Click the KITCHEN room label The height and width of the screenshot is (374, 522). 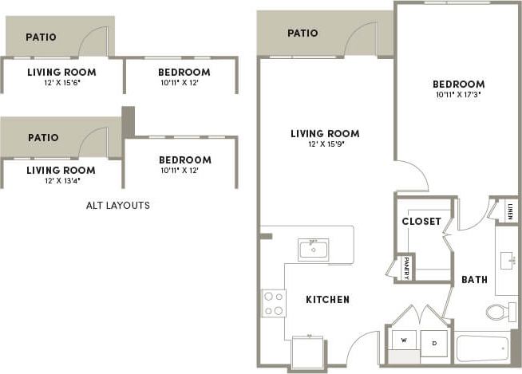point(327,300)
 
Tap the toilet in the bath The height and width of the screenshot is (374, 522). point(497,311)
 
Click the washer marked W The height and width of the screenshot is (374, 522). point(404,341)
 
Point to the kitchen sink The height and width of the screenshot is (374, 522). point(313,250)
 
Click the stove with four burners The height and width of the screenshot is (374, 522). point(274,303)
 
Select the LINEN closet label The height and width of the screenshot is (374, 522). point(510,211)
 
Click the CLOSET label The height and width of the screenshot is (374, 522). point(421,221)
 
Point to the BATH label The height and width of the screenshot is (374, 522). point(474,280)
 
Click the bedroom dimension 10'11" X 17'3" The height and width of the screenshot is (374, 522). point(458,95)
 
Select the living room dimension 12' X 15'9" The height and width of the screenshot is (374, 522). point(324,144)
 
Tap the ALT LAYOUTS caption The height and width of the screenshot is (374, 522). point(118,205)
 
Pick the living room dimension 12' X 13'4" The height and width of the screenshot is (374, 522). point(61,180)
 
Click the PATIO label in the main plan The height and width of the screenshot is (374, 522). point(303,33)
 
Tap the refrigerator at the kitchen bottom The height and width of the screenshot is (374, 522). point(308,351)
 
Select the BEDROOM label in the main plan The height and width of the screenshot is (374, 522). point(458,84)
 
